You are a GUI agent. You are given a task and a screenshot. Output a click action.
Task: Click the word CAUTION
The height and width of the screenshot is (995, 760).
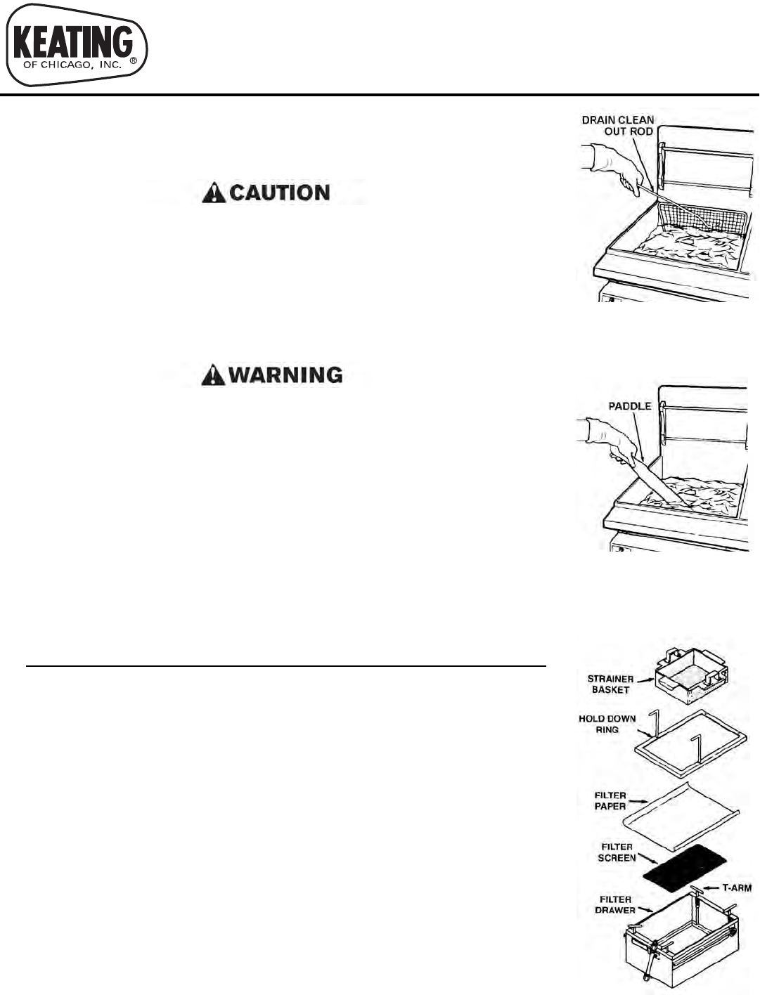coord(280,193)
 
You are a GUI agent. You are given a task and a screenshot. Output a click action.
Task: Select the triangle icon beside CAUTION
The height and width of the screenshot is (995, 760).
coord(214,193)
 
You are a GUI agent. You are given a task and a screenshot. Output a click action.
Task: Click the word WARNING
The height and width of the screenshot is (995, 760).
coord(285,375)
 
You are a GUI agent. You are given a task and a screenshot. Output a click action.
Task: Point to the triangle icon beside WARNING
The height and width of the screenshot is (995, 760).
coord(213,375)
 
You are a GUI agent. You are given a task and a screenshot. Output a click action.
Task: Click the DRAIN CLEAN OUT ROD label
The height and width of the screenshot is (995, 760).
coord(619,126)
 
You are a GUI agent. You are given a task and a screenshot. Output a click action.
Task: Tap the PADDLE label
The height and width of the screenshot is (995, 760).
coord(629,406)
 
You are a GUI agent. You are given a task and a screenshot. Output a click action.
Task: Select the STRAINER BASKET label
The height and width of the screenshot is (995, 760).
coord(610,684)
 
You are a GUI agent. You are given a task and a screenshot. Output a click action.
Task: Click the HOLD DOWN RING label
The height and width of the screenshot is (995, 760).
coord(607,724)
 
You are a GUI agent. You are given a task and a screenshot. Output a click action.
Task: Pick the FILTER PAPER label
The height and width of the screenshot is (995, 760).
coord(610,800)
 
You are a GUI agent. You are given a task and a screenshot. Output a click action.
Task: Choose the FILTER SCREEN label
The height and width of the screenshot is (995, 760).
coord(617,852)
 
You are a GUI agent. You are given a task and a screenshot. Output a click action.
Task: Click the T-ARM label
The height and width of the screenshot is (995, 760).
coord(736,887)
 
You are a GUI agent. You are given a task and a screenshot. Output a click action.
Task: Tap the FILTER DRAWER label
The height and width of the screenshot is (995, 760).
coord(615,904)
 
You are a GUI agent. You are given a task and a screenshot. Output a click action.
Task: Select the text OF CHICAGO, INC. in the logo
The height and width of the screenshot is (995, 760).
coord(72,65)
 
